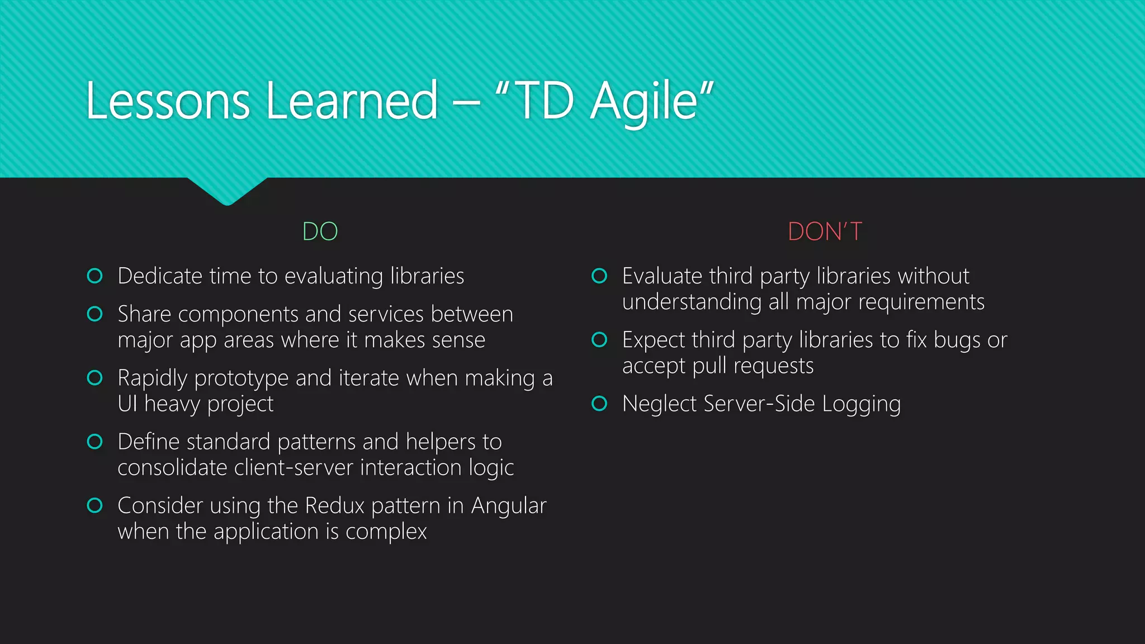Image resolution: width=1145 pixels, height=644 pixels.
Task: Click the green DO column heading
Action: pyautogui.click(x=320, y=231)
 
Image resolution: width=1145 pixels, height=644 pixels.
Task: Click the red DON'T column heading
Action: pyautogui.click(x=825, y=231)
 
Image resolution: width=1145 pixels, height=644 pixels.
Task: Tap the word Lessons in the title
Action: pyautogui.click(x=168, y=101)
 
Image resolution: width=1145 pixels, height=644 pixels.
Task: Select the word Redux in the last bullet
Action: pyautogui.click(x=334, y=505)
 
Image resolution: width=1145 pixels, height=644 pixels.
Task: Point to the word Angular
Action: pyautogui.click(x=508, y=505)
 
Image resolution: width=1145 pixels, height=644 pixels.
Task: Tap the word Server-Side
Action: pyautogui.click(x=759, y=404)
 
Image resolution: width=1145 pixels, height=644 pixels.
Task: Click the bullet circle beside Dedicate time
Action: pyautogui.click(x=95, y=276)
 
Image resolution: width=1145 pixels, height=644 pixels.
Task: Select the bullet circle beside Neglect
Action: pyautogui.click(x=599, y=403)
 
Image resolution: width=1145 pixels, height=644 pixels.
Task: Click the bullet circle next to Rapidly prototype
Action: pyautogui.click(x=95, y=378)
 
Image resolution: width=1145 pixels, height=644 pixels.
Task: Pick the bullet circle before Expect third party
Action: pyautogui.click(x=599, y=339)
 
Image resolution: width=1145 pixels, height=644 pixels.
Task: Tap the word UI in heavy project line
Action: pyautogui.click(x=127, y=404)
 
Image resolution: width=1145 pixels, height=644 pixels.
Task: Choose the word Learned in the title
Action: pyautogui.click(x=352, y=101)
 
